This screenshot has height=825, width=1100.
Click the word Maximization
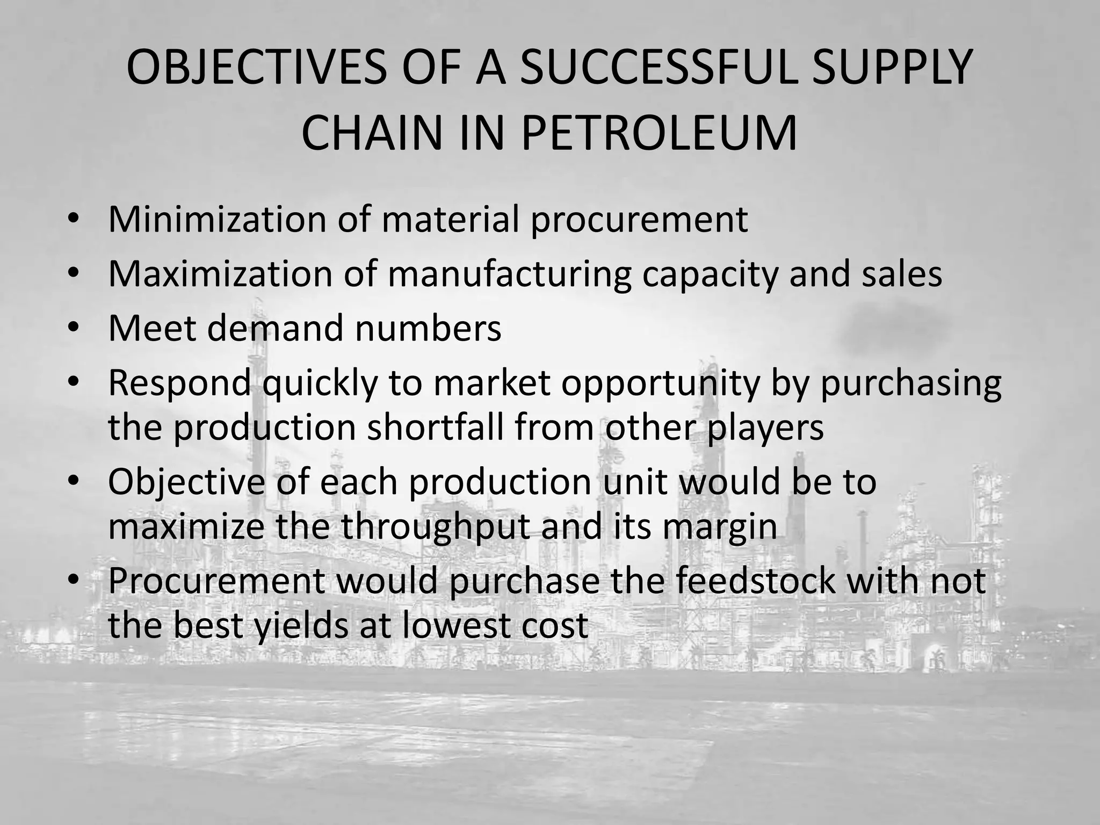pos(219,274)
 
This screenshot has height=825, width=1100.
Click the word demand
pos(274,328)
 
